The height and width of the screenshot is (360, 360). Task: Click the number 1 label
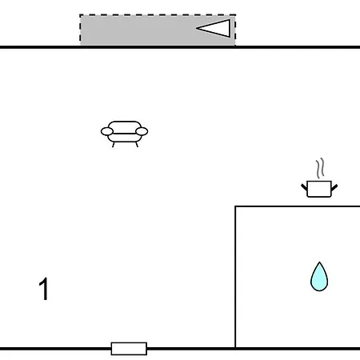pyautogui.click(x=44, y=289)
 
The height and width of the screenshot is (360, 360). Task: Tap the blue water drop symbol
pyautogui.click(x=319, y=278)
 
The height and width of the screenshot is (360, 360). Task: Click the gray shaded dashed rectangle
pyautogui.click(x=158, y=30)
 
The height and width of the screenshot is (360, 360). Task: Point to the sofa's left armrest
pyautogui.click(x=107, y=131)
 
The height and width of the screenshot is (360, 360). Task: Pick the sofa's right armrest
pyautogui.click(x=142, y=131)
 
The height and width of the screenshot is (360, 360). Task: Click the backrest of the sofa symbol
pyautogui.click(x=125, y=126)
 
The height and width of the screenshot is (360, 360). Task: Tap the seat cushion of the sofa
pyautogui.click(x=125, y=138)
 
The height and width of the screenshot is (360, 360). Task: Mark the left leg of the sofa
pyautogui.click(x=114, y=145)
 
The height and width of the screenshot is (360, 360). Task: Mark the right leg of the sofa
pyautogui.click(x=137, y=145)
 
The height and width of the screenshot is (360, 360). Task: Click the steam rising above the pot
pyautogui.click(x=320, y=168)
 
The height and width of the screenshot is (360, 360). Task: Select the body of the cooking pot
pyautogui.click(x=319, y=189)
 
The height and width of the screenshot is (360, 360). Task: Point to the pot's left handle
pyautogui.click(x=304, y=187)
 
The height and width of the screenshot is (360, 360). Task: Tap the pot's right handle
pyautogui.click(x=334, y=187)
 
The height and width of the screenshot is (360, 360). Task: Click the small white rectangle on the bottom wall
pyautogui.click(x=129, y=349)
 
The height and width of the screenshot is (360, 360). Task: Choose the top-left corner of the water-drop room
pyautogui.click(x=235, y=206)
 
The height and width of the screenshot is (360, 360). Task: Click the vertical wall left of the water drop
pyautogui.click(x=235, y=277)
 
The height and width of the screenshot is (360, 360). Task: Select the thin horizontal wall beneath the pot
pyautogui.click(x=298, y=206)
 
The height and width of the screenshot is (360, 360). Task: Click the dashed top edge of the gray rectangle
pyautogui.click(x=158, y=15)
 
